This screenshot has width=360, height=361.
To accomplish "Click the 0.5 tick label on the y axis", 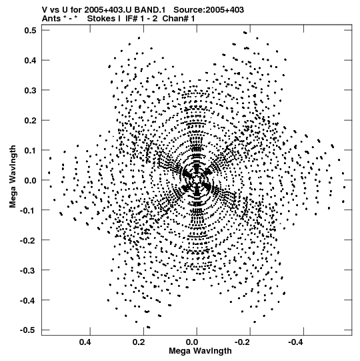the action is click(31, 30).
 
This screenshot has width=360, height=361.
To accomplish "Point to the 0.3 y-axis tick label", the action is click(31, 90).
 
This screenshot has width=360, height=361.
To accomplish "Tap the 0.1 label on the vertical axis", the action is click(31, 150).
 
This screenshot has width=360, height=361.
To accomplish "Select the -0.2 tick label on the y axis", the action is click(28, 240).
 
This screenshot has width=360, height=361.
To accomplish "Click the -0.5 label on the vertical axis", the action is click(28, 330).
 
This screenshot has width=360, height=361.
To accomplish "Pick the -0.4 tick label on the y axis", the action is click(28, 300).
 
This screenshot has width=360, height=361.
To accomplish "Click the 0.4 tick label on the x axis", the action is click(85, 342).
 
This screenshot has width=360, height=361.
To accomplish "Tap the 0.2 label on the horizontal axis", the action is click(139, 342).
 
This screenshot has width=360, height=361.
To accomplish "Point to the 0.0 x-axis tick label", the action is click(192, 342).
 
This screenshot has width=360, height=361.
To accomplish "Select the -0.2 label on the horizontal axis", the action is click(243, 342).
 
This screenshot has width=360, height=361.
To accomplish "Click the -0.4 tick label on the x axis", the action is click(296, 342).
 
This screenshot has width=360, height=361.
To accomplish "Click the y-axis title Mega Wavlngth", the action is click(13, 177).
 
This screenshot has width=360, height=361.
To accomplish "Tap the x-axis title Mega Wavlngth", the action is click(200, 351).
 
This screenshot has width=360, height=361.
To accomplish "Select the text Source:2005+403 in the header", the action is click(209, 10).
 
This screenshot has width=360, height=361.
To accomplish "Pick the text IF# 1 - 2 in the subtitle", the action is click(141, 19).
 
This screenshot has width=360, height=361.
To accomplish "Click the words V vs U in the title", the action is click(56, 10).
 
